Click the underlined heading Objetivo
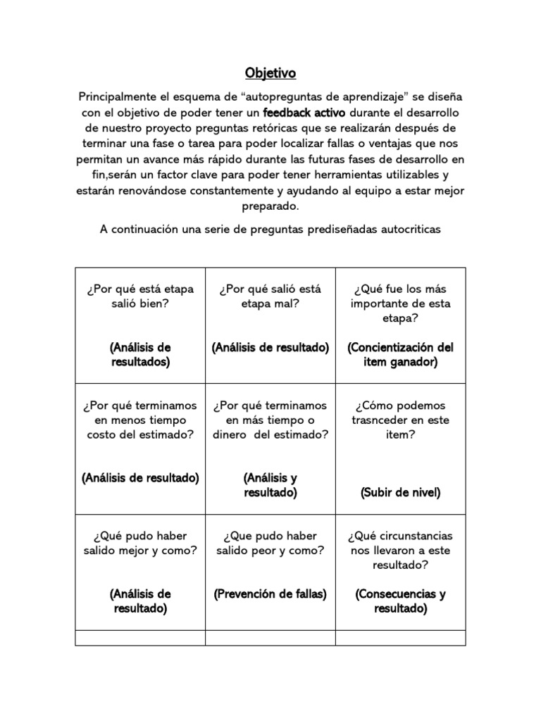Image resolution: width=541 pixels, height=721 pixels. (x=270, y=73)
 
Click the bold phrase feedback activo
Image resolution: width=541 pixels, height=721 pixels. (x=304, y=112)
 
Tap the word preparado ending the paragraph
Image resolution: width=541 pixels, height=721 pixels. (x=270, y=207)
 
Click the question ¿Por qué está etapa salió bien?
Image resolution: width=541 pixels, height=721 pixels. (x=140, y=296)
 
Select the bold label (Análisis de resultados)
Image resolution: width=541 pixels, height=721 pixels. (x=140, y=355)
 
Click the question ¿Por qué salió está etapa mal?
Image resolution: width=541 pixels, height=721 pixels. (x=270, y=296)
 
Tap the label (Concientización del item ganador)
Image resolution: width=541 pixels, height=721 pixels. (x=401, y=355)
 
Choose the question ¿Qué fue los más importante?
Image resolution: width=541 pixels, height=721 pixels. (x=401, y=303)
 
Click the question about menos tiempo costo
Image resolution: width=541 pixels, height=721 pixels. (x=140, y=420)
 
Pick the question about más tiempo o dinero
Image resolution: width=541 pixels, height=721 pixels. (x=270, y=420)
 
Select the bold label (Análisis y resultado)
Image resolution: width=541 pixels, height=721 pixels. (x=270, y=485)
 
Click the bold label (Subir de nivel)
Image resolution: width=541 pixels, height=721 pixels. (x=401, y=492)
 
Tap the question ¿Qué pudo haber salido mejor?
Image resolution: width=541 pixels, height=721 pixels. (x=140, y=543)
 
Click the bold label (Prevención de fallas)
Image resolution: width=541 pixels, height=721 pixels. (x=270, y=594)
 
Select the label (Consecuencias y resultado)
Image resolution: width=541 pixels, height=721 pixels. (x=401, y=601)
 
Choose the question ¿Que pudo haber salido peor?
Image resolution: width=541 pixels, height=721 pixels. (x=270, y=543)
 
